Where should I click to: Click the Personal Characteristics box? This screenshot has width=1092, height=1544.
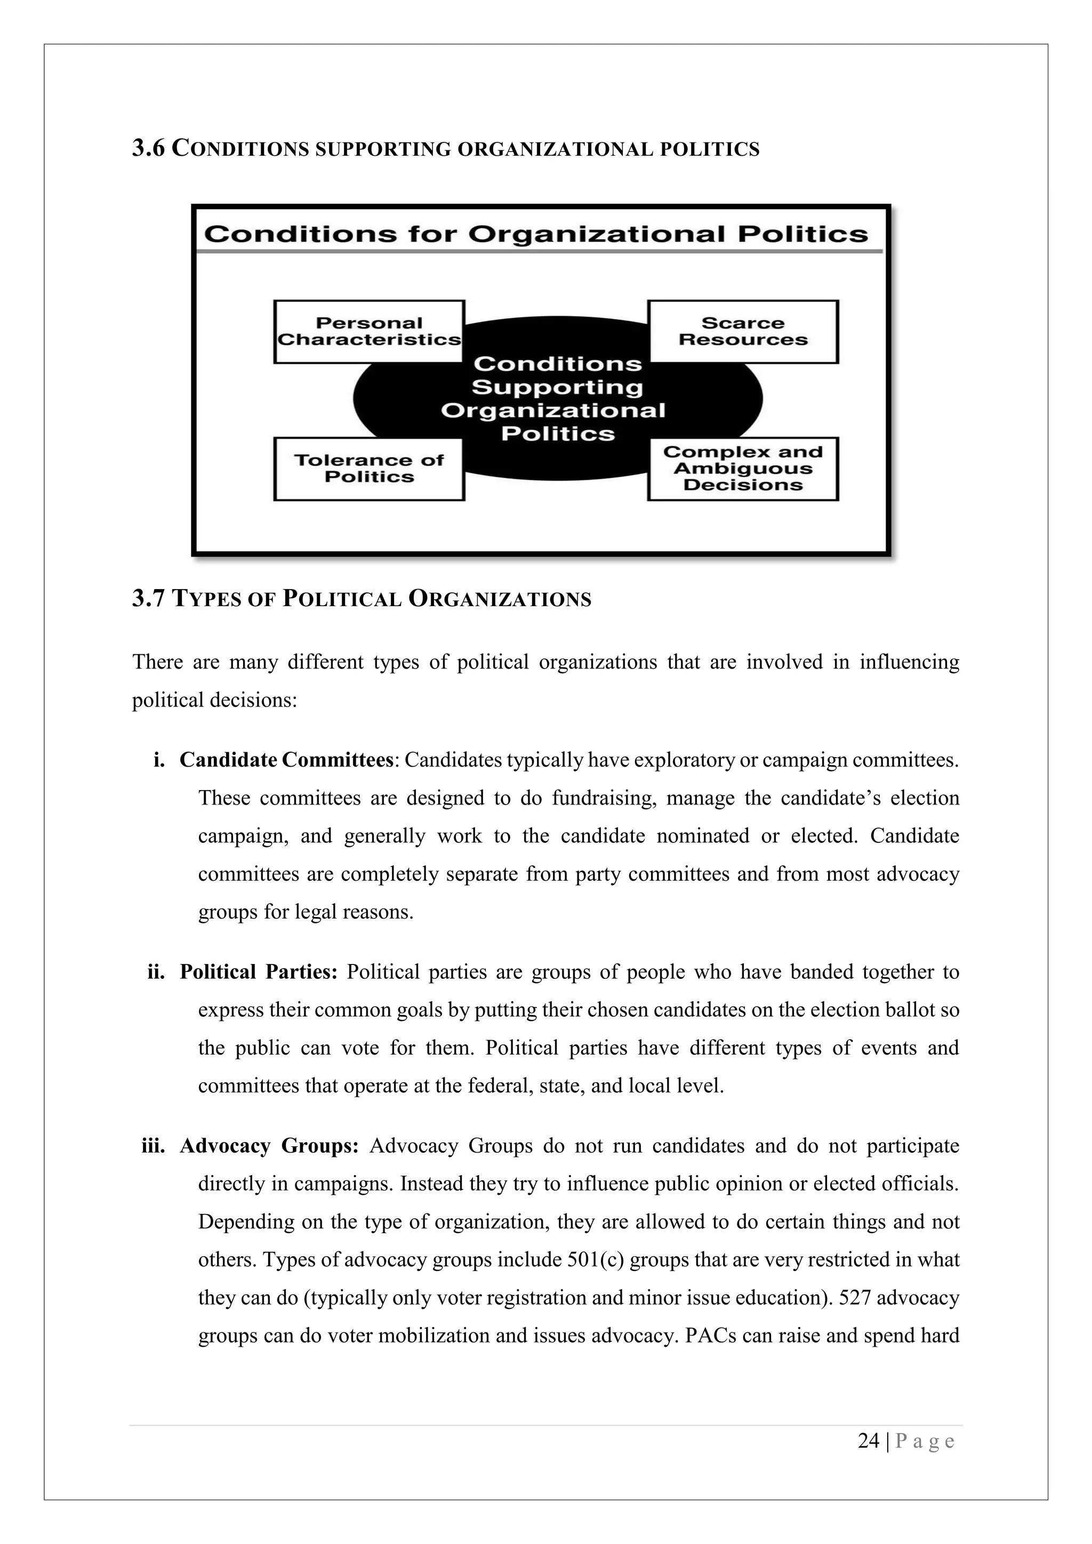tap(368, 332)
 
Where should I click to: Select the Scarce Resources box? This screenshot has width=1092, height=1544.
tap(742, 332)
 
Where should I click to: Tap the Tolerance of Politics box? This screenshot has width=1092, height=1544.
tap(368, 469)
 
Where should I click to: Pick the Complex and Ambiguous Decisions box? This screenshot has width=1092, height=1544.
tap(742, 469)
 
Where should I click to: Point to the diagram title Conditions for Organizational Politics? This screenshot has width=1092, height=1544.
tap(536, 234)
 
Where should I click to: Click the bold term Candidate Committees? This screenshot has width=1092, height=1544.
tap(286, 760)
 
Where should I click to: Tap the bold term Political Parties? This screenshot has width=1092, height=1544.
tap(258, 972)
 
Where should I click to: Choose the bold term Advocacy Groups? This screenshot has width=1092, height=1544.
tap(269, 1145)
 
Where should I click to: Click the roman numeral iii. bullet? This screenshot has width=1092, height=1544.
tap(154, 1145)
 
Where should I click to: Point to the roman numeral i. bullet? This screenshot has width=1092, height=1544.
tap(159, 760)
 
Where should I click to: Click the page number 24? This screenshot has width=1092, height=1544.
tap(869, 1441)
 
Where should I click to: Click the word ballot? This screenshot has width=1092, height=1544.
tap(912, 1010)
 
